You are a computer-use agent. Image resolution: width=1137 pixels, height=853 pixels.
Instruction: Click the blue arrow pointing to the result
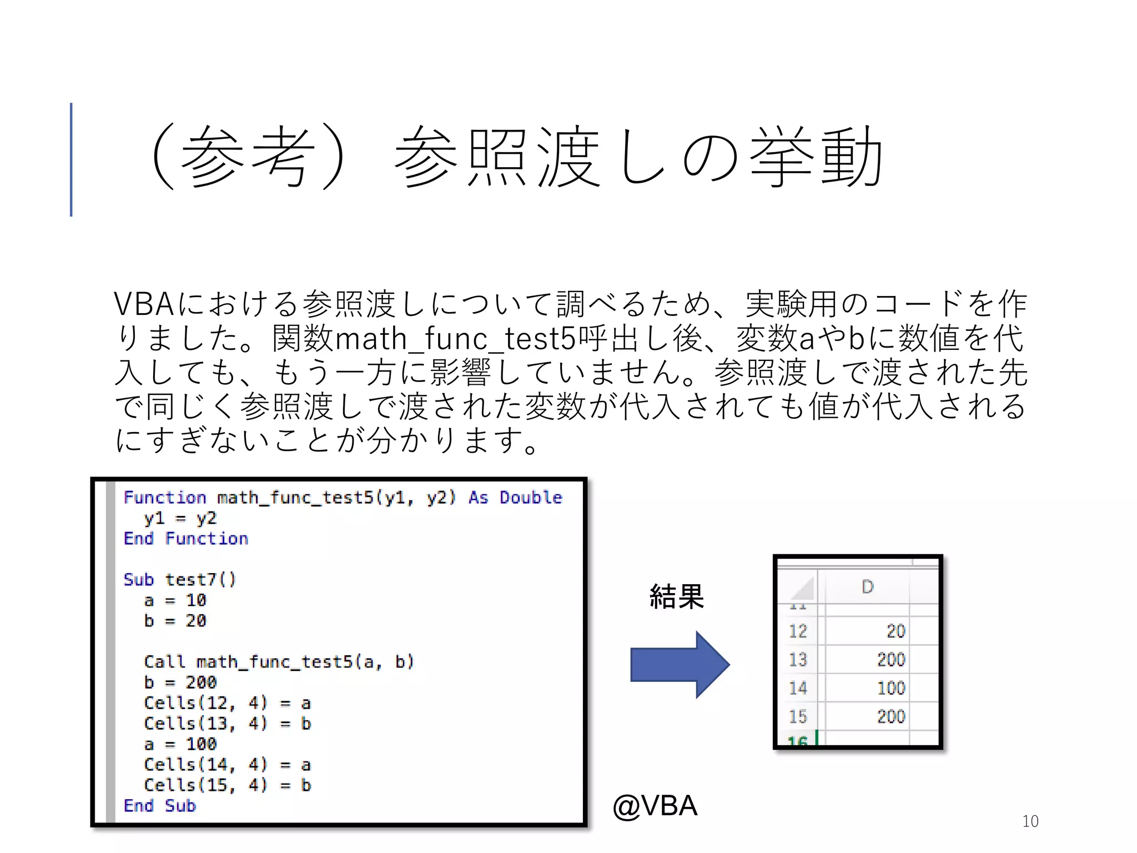[679, 664]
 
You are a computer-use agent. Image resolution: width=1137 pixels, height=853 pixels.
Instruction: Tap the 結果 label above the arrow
[677, 596]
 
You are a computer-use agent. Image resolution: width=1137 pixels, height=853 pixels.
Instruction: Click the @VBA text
[655, 805]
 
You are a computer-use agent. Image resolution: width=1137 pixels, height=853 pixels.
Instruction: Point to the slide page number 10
[1030, 821]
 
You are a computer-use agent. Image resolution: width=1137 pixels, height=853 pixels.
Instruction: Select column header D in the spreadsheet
[867, 586]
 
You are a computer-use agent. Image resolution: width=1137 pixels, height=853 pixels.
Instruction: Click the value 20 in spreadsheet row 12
[895, 631]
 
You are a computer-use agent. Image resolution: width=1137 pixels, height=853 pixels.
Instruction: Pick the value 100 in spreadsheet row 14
[891, 688]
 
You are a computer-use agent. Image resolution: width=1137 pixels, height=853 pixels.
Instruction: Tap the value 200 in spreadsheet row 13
[891, 659]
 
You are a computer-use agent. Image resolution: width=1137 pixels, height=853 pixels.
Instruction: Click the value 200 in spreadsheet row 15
[891, 716]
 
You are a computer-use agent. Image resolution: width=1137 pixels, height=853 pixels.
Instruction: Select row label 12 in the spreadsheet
[798, 631]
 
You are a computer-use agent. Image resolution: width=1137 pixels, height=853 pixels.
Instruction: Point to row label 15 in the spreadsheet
[798, 716]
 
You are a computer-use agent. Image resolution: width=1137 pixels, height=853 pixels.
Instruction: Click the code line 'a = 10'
[175, 600]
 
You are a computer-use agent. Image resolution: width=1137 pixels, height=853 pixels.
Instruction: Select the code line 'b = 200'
[180, 682]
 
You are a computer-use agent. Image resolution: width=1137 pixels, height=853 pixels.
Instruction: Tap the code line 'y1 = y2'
[180, 518]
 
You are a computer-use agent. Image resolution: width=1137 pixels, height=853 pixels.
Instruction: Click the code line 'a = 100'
[180, 744]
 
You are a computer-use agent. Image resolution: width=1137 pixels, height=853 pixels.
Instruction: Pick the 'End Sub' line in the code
[160, 805]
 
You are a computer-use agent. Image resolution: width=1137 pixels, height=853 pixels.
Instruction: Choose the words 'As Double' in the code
[515, 497]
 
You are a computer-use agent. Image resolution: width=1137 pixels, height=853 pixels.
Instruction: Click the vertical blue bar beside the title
[71, 159]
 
